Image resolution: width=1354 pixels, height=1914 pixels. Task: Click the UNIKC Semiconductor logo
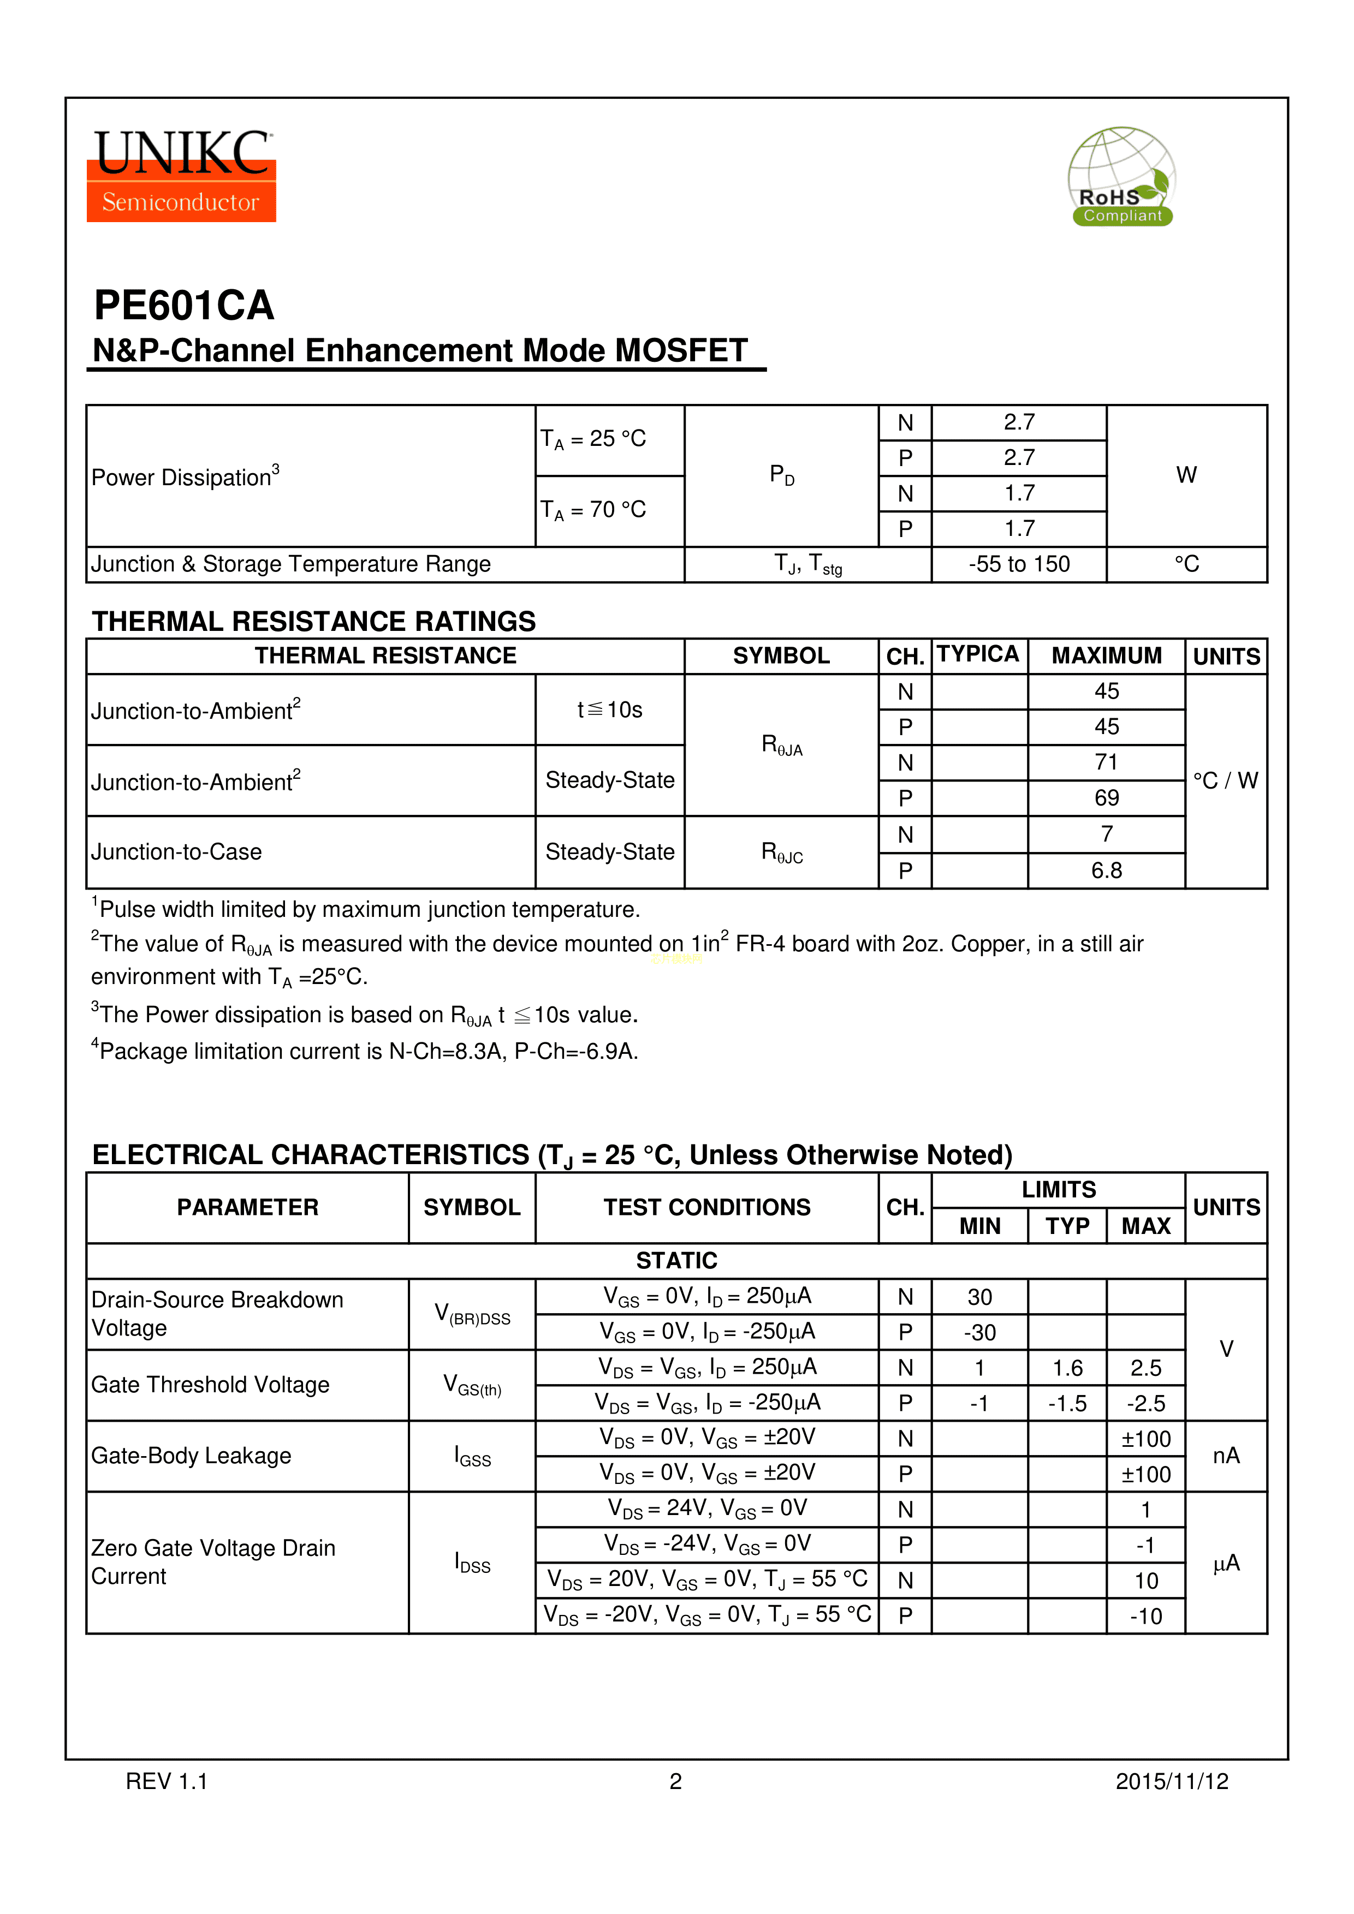coord(182,176)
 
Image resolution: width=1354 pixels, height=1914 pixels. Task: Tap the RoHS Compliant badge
coord(1121,177)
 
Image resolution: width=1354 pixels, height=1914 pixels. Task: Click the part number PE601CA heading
coord(184,305)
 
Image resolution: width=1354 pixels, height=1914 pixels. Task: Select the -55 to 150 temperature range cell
coord(1019,564)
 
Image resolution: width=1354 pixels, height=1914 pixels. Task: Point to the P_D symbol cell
coord(781,476)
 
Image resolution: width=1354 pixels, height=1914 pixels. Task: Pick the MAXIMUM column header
coord(1106,656)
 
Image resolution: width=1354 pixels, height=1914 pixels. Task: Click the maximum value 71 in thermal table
coord(1106,763)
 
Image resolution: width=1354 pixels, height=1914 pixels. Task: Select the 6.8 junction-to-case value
coord(1106,870)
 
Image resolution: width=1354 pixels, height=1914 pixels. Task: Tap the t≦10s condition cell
coord(609,709)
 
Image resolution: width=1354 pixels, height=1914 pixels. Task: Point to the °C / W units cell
coord(1225,780)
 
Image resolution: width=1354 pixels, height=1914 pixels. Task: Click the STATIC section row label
coord(676,1260)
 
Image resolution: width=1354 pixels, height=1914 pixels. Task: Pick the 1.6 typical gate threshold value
coord(1067,1368)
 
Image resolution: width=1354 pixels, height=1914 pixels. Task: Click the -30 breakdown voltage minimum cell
coord(979,1333)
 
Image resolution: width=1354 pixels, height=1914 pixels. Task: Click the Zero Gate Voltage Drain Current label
coord(213,1562)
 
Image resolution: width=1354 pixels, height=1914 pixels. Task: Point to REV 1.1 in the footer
coord(167,1781)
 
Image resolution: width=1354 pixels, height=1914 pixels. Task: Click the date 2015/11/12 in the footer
coord(1172,1781)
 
